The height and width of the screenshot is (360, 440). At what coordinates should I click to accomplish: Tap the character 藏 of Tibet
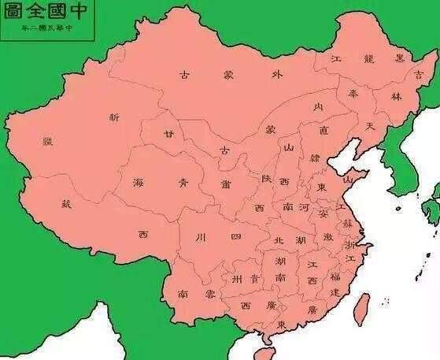(x=66, y=204)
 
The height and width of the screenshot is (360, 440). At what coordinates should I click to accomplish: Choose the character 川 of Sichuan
(x=200, y=236)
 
